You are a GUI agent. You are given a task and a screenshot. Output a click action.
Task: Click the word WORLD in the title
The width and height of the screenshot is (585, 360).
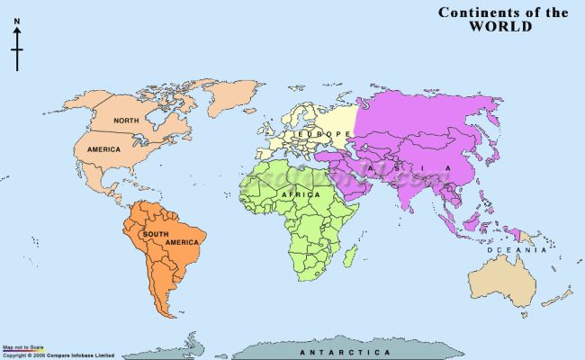pos(500,27)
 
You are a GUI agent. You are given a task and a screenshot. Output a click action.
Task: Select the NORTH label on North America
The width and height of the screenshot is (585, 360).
pos(125,121)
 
